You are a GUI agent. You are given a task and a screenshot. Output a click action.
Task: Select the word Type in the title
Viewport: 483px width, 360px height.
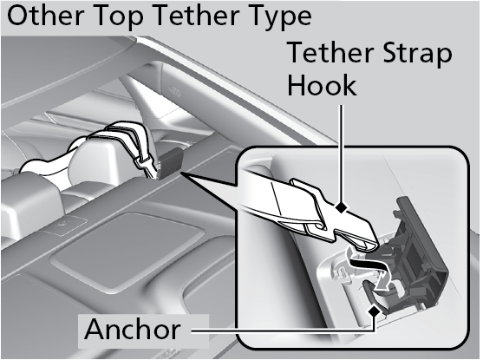pyautogui.click(x=279, y=17)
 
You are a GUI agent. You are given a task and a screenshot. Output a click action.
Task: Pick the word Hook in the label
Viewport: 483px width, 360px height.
pyautogui.click(x=323, y=84)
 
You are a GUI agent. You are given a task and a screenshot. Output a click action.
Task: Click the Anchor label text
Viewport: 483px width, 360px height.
pyautogui.click(x=133, y=329)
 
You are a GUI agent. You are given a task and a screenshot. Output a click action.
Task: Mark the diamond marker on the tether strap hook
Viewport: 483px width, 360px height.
pyautogui.click(x=341, y=207)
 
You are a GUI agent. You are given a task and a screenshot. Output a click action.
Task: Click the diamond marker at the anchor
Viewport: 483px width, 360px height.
pyautogui.click(x=375, y=311)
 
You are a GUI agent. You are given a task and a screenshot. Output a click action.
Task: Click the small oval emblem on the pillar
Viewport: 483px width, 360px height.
pyautogui.click(x=175, y=91)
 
